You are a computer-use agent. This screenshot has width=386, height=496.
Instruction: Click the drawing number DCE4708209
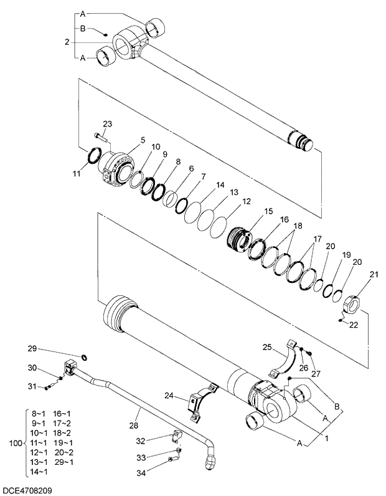(26, 490)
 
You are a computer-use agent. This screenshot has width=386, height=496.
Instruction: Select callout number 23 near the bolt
(107, 124)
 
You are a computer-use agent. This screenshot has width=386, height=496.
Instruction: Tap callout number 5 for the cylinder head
(143, 141)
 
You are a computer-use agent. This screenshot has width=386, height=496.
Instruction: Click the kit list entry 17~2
(62, 423)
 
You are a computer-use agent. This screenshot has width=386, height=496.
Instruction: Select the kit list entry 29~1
(63, 462)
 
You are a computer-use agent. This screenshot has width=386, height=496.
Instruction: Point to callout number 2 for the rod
(67, 42)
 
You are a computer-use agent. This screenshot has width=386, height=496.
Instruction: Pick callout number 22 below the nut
(354, 325)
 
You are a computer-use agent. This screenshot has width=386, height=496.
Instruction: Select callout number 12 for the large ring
(247, 201)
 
